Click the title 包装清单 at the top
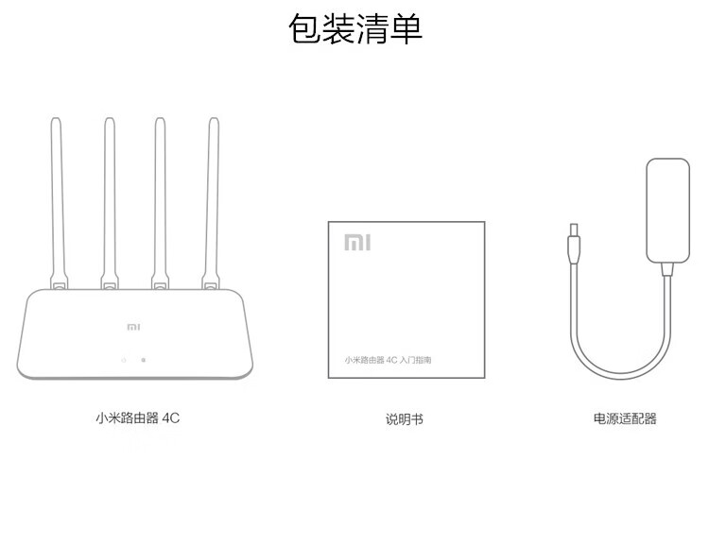tap(354, 28)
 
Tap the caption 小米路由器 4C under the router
tap(137, 418)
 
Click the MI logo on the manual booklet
tap(357, 243)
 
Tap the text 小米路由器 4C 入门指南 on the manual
tap(388, 361)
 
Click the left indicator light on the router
tap(123, 360)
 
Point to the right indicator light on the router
tap(143, 360)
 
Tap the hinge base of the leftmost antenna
tap(60, 282)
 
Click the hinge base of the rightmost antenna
tap(209, 282)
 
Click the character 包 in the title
tap(304, 28)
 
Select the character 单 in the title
tap(406, 28)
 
